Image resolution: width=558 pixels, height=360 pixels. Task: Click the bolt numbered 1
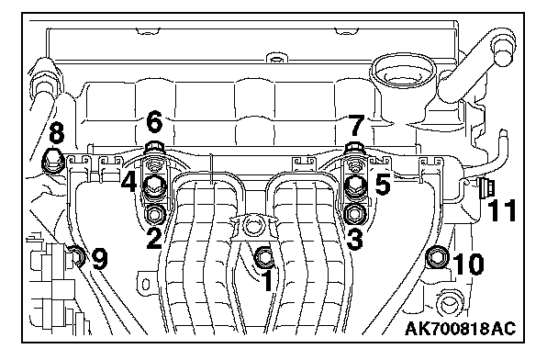(264, 257)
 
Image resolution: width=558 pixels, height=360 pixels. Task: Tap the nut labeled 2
(154, 215)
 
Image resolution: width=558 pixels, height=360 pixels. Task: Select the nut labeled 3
(354, 214)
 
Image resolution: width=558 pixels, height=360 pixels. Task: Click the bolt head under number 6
(154, 146)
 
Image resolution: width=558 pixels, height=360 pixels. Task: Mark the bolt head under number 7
(355, 146)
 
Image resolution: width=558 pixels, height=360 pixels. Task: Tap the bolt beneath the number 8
(53, 162)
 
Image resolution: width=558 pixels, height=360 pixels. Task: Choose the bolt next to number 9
(76, 257)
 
